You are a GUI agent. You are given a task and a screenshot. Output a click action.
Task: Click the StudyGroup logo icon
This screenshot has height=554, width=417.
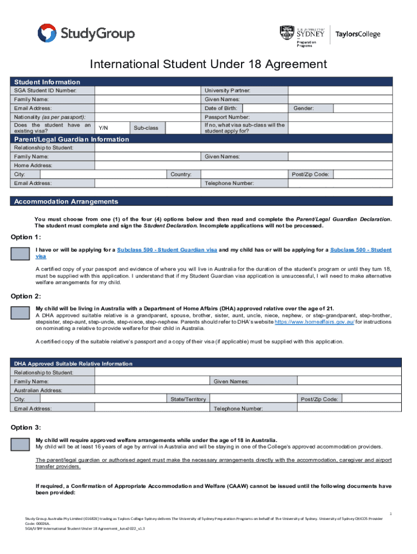click(x=47, y=34)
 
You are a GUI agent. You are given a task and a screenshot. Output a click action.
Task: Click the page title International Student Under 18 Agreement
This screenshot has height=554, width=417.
click(x=208, y=64)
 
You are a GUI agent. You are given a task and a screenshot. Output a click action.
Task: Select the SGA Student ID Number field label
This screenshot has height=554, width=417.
click(x=45, y=90)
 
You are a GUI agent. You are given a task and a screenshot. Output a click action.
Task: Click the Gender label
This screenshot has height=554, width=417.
click(x=303, y=108)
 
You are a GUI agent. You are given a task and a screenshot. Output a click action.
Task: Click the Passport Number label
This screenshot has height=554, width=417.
click(x=227, y=117)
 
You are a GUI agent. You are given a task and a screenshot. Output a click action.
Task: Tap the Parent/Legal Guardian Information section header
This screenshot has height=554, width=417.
click(x=71, y=139)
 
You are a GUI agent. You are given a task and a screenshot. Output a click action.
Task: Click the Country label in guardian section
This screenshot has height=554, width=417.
click(x=180, y=174)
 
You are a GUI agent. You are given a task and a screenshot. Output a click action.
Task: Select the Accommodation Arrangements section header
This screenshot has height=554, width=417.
click(x=66, y=201)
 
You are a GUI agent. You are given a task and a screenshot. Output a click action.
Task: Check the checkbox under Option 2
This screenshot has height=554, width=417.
click(x=21, y=312)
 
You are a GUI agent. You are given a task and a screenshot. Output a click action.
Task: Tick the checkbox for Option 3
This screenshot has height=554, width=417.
click(x=21, y=444)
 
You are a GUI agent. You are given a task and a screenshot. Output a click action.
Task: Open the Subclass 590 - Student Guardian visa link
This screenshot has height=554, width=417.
click(x=167, y=250)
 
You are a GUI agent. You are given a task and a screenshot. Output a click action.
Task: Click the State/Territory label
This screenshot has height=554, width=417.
click(x=188, y=399)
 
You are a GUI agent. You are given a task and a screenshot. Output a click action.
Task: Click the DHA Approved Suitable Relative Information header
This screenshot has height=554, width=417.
click(x=73, y=364)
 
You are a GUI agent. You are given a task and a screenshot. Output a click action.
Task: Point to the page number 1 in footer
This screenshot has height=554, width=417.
click(x=390, y=512)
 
